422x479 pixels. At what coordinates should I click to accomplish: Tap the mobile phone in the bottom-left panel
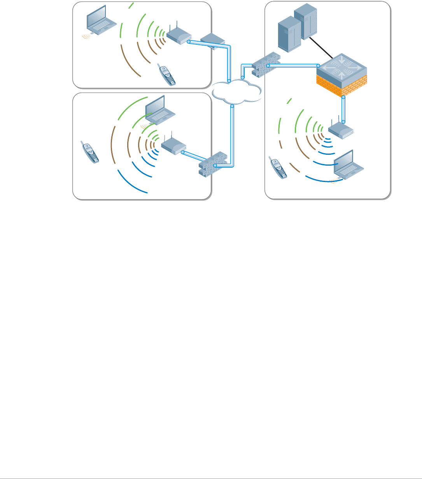90,152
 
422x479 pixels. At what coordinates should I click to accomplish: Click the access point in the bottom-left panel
173,146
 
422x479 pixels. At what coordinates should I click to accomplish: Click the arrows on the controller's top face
341,66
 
